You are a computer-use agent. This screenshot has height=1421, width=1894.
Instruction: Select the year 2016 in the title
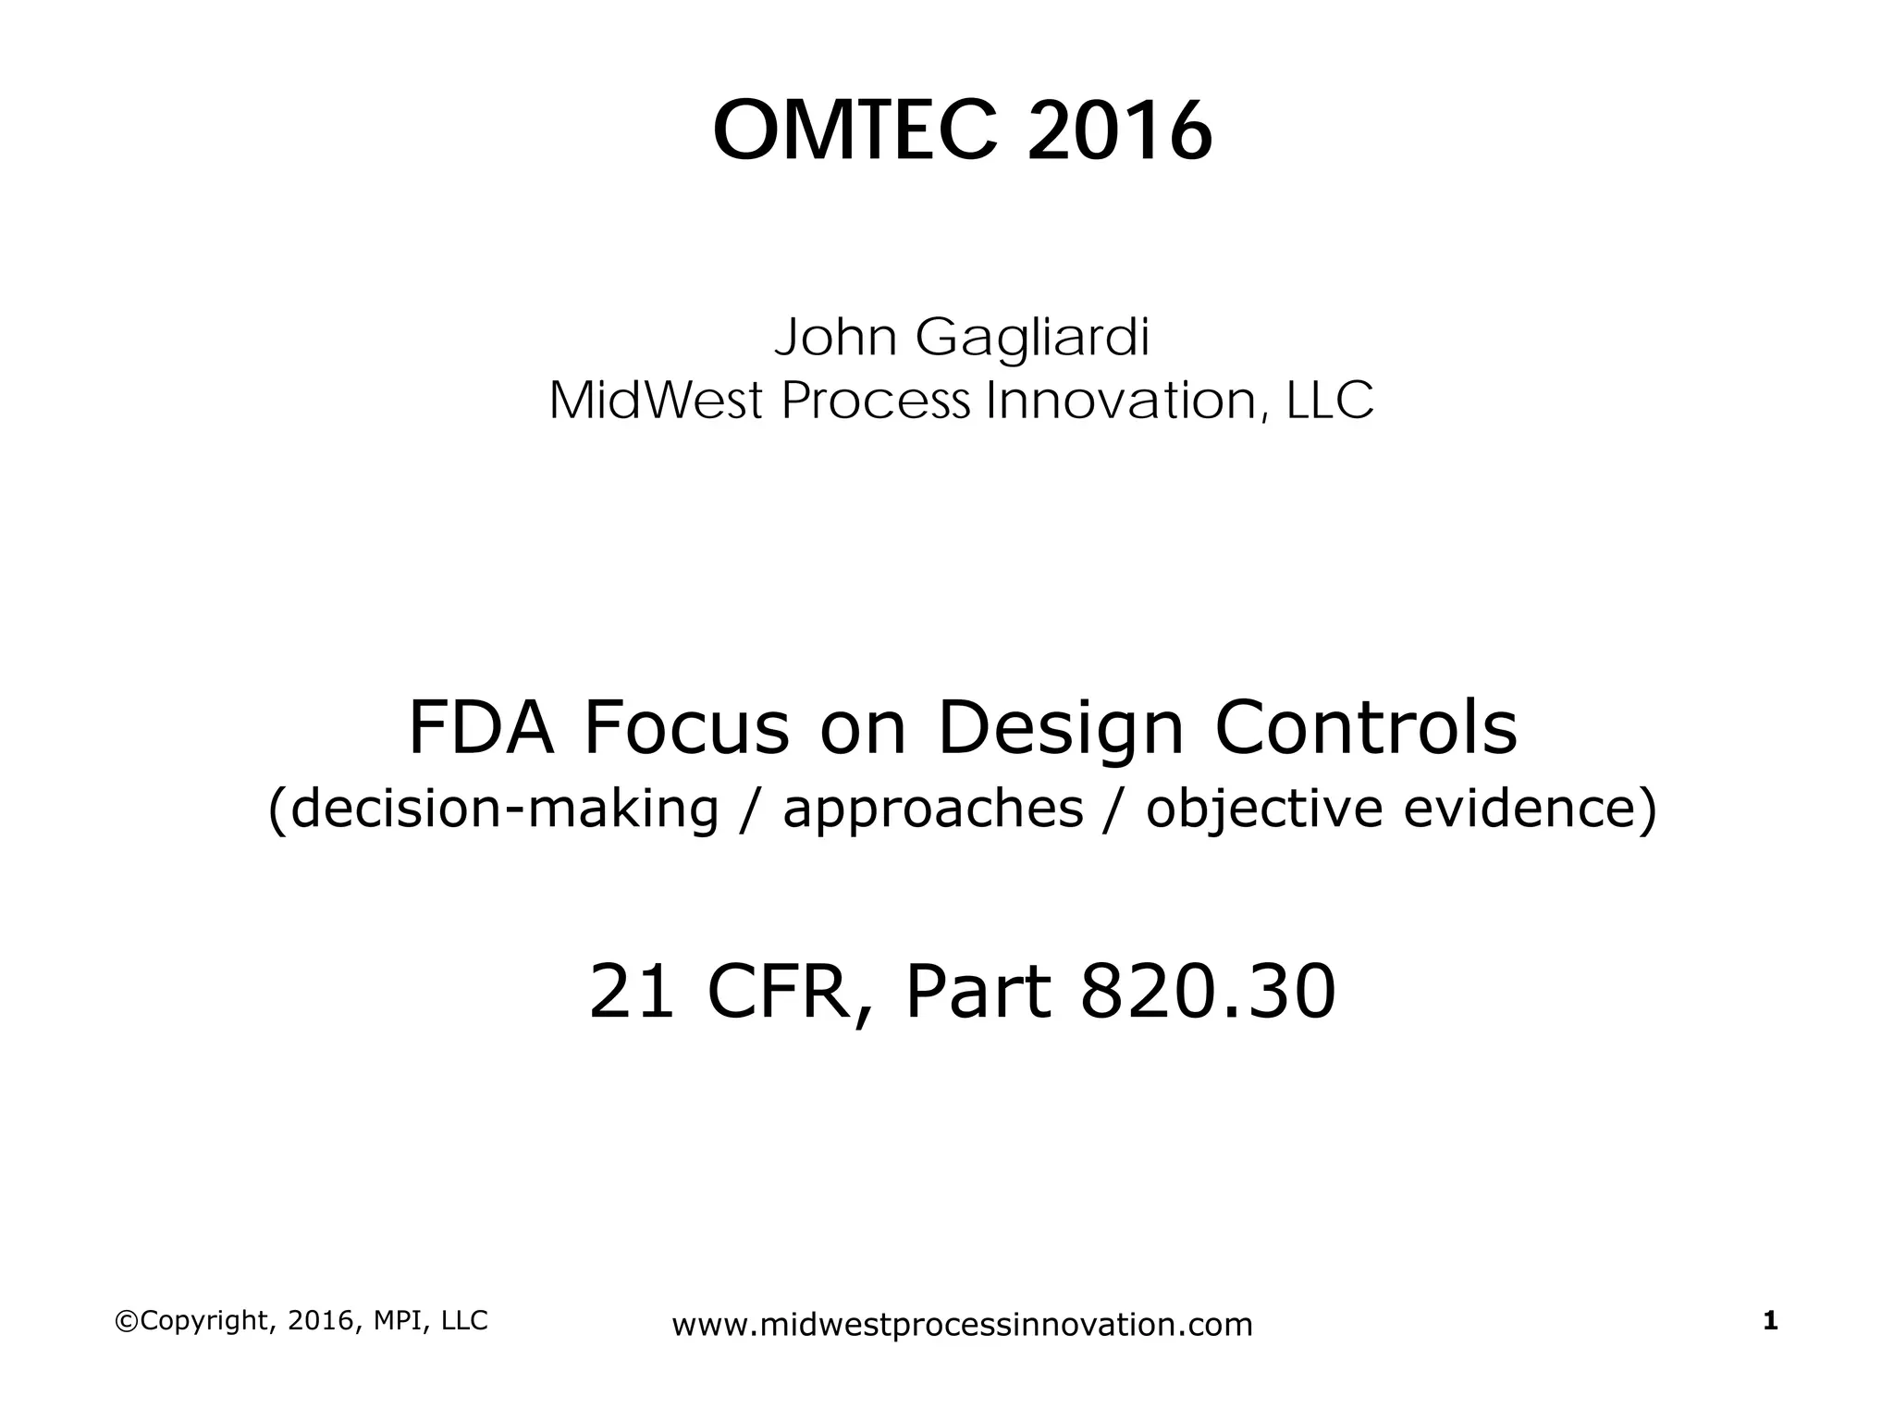(1119, 132)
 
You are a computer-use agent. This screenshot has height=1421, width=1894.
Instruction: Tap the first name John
(836, 338)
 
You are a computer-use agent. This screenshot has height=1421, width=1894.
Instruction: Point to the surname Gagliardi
(1032, 340)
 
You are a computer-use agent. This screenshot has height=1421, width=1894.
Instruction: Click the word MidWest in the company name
(656, 402)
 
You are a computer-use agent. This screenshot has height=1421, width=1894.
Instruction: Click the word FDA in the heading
(481, 729)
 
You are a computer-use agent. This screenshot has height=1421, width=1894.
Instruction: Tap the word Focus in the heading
(686, 729)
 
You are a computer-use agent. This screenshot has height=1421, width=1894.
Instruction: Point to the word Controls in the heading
(1366, 729)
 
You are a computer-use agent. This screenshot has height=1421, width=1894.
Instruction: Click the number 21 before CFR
(632, 992)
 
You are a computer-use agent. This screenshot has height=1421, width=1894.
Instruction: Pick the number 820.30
(1208, 992)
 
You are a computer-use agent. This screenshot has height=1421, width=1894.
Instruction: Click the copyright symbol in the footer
(124, 1321)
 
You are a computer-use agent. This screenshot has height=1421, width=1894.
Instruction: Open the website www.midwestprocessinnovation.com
(962, 1325)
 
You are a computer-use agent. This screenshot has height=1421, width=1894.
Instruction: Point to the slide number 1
(1771, 1321)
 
